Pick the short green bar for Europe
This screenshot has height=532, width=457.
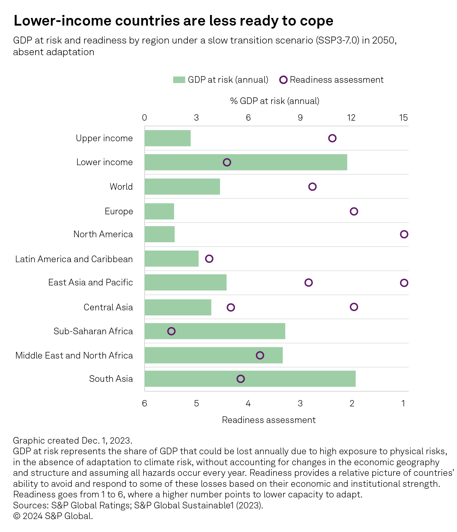pyautogui.click(x=159, y=211)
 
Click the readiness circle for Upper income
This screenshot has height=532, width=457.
pyautogui.click(x=332, y=138)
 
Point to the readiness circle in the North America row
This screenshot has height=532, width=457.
pyautogui.click(x=404, y=234)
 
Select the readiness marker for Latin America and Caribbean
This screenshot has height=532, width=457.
pyautogui.click(x=209, y=259)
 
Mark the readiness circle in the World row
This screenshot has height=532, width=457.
pyautogui.click(x=312, y=187)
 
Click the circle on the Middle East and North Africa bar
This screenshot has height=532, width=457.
pyautogui.click(x=260, y=355)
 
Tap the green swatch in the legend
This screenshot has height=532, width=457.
pyautogui.click(x=179, y=80)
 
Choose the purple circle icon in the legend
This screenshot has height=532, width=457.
pyautogui.click(x=283, y=80)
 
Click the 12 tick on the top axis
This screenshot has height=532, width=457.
pyautogui.click(x=351, y=118)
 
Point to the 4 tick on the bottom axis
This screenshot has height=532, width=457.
pyautogui.click(x=248, y=403)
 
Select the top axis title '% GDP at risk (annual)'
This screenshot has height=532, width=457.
pyautogui.click(x=275, y=101)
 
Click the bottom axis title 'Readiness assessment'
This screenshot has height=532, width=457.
pyautogui.click(x=269, y=420)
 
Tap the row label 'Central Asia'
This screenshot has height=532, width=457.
pyautogui.click(x=108, y=307)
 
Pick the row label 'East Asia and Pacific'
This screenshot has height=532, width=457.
pyautogui.click(x=90, y=282)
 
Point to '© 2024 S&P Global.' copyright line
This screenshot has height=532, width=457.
pyautogui.click(x=53, y=516)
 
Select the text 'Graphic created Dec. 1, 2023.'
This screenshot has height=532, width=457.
pyautogui.click(x=72, y=441)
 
